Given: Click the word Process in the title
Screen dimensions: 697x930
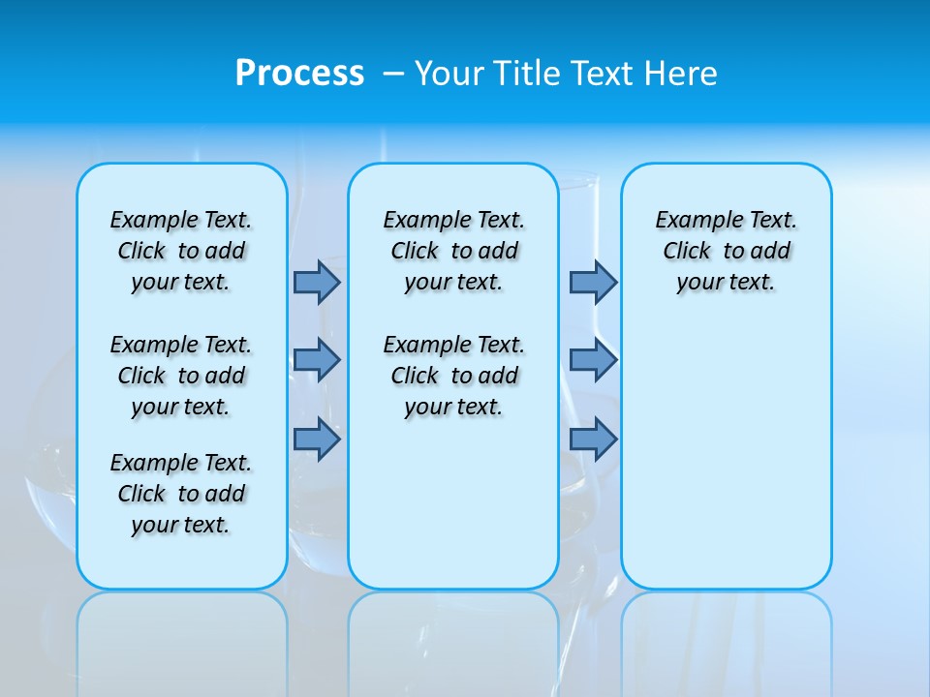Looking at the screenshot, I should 299,73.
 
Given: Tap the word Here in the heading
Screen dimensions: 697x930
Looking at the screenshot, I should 681,73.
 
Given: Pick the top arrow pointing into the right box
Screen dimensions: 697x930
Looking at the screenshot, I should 593,282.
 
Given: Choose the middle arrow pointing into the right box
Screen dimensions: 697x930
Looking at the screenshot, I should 593,360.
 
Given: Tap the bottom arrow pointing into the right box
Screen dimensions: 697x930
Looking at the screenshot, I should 593,439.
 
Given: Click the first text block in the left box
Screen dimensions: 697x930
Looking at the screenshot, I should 181,251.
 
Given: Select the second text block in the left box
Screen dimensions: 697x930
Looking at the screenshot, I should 181,376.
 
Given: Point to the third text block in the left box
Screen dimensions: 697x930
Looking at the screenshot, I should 181,494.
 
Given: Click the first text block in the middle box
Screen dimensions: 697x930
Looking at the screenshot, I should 453,251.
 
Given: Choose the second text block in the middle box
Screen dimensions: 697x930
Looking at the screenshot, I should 453,376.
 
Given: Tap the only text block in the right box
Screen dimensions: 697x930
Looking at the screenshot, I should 726,251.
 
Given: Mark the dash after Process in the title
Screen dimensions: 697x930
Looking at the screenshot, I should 393,74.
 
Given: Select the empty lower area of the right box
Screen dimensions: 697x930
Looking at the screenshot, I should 726,465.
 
